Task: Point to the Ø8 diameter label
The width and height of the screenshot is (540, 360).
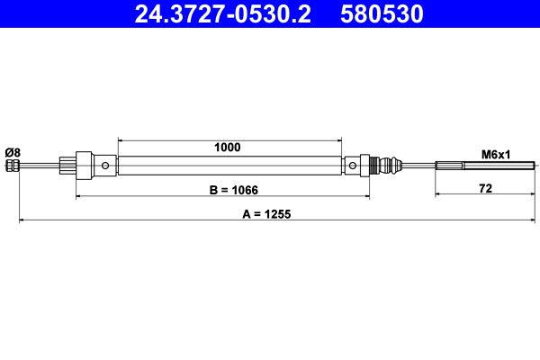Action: (x=12, y=152)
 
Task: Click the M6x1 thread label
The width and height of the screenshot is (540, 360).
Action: (x=495, y=154)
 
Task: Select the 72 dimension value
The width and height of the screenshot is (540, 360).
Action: (x=485, y=188)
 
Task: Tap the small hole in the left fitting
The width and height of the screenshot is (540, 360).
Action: (x=106, y=166)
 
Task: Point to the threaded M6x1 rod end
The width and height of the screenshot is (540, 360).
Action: (x=485, y=166)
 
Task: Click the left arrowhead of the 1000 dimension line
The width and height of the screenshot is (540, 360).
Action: (x=121, y=139)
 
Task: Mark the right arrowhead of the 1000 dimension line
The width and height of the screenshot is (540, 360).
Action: (x=339, y=139)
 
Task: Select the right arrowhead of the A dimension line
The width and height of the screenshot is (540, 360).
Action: (x=535, y=220)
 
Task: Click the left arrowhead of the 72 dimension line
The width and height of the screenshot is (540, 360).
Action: (x=438, y=193)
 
